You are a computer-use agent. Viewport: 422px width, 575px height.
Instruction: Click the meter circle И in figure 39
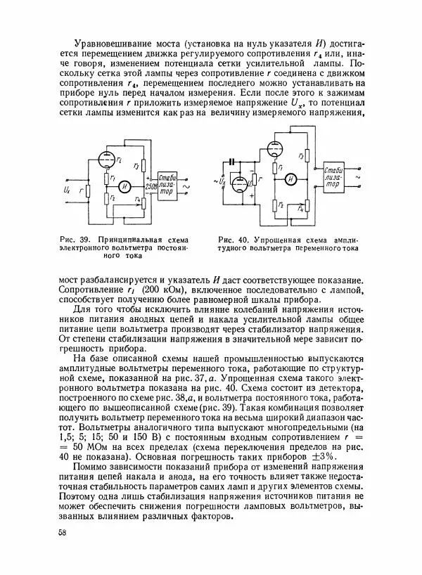click(124, 186)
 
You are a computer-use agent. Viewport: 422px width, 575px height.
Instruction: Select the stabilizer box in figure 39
click(170, 184)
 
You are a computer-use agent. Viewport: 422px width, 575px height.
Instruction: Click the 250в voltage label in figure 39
click(149, 187)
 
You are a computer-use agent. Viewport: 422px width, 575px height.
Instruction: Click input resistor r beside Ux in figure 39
click(85, 190)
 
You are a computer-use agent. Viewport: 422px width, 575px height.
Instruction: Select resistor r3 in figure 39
click(142, 165)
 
